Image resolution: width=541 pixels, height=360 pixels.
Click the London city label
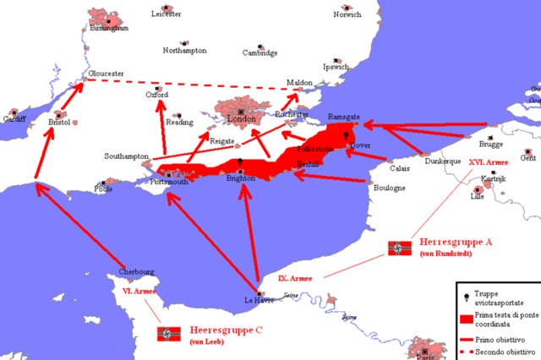click(x=241, y=120)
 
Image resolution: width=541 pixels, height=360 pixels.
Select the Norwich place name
click(x=347, y=14)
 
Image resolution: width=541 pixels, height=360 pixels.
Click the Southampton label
click(x=126, y=157)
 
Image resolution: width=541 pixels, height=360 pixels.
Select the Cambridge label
click(x=260, y=52)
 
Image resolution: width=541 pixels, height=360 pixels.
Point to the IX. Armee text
click(x=295, y=277)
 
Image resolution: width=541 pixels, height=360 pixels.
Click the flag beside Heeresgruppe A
click(x=399, y=248)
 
